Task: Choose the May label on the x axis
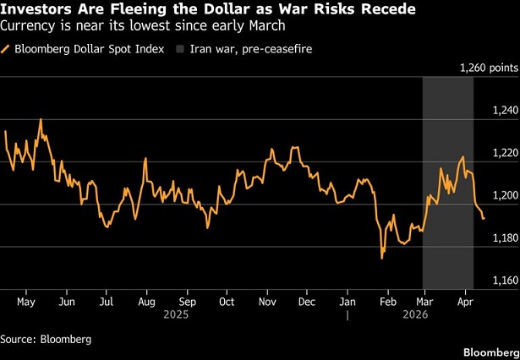pos(26,301)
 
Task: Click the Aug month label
pos(145,301)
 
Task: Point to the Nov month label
pos(267,301)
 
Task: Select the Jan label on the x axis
pos(348,301)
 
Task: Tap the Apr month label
pos(463,301)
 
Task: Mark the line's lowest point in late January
pos(382,258)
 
